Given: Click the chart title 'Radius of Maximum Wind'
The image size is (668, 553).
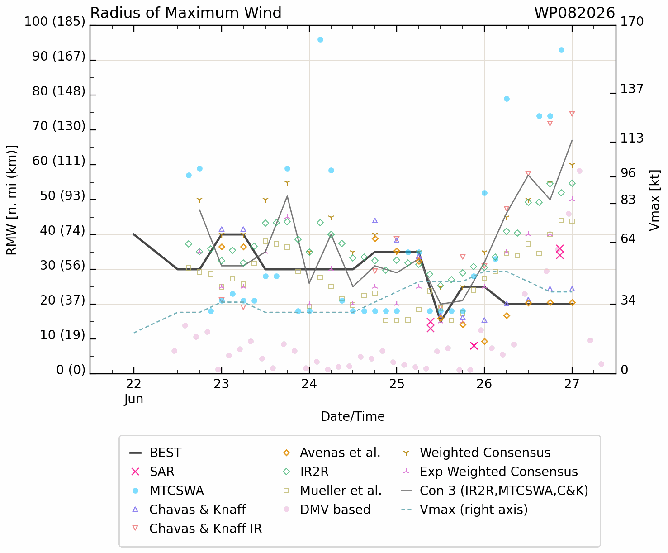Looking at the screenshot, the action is (185, 13).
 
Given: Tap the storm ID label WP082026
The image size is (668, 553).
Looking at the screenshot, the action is (574, 13).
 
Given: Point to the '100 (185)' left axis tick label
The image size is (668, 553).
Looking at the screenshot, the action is (55, 21).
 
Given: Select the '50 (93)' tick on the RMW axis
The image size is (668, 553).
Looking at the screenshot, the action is (63, 195).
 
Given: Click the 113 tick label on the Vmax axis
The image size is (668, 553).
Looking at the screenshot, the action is (632, 138).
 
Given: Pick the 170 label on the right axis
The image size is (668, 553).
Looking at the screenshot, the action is (632, 21).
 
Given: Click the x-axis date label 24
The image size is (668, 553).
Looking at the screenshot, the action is (309, 384).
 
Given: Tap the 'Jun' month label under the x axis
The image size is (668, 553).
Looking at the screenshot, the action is (134, 399).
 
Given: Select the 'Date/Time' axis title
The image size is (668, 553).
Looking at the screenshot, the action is (353, 416).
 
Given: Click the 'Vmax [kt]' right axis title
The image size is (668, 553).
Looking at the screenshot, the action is (654, 200).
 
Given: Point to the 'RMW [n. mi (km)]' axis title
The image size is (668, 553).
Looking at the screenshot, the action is (11, 200).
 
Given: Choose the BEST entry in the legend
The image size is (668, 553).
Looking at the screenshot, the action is (156, 453).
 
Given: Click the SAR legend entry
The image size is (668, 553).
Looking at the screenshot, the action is (152, 472).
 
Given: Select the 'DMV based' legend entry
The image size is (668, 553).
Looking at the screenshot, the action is (327, 510).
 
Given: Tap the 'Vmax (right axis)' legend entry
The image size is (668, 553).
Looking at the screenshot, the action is (464, 510).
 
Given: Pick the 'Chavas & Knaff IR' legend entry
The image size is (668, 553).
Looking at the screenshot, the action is (197, 529).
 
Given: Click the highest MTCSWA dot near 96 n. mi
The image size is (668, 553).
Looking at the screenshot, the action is (320, 40).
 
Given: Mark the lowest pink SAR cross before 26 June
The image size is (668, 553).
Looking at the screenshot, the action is (474, 346).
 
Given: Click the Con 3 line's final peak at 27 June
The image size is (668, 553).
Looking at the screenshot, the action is (572, 140).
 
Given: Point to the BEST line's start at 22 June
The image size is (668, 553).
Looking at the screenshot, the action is (134, 234).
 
